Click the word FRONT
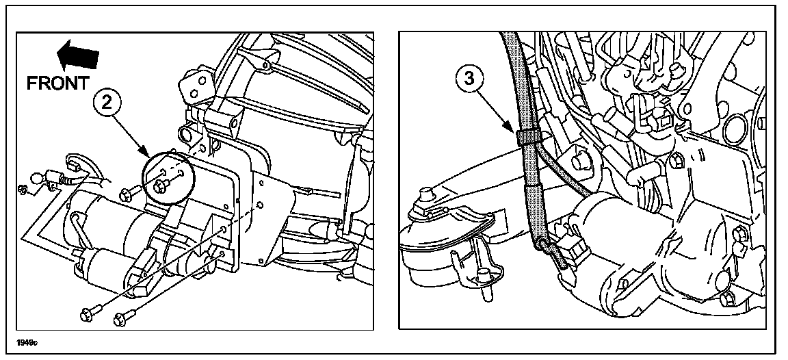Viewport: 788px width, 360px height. [x=57, y=83]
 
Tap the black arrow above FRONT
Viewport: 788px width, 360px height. [x=77, y=56]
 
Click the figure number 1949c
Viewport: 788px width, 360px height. [x=27, y=343]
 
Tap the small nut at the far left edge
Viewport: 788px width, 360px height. [x=22, y=189]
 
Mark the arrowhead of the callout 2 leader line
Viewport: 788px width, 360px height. [x=146, y=153]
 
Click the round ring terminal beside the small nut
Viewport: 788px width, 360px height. [x=37, y=179]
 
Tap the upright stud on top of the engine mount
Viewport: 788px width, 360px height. [x=428, y=194]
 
